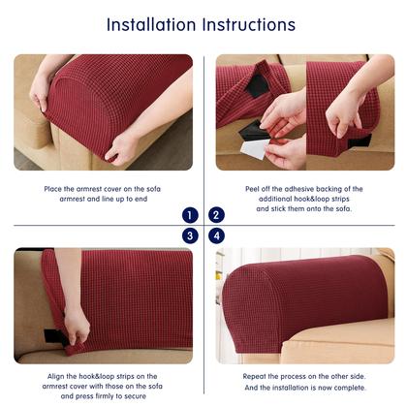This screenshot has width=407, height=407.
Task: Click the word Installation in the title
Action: (x=151, y=24)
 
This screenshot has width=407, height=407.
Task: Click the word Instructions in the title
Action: (x=249, y=24)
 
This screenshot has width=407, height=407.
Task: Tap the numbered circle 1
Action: (x=190, y=215)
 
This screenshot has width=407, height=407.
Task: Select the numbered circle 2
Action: (x=216, y=215)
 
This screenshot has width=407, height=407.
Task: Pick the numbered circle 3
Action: (x=190, y=235)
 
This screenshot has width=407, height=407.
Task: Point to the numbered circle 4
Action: (x=216, y=235)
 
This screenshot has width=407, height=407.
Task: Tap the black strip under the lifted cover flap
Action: (x=257, y=84)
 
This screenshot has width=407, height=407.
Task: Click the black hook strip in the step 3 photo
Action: (x=54, y=336)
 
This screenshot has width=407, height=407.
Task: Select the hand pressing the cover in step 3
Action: (x=77, y=326)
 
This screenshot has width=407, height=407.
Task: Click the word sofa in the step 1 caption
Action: (x=153, y=189)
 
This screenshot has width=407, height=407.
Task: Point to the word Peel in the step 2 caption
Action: (x=252, y=189)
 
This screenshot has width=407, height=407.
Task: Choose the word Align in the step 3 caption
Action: (x=55, y=377)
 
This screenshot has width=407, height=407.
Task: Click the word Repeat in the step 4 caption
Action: (x=254, y=376)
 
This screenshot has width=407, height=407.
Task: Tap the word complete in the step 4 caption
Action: (x=352, y=388)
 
